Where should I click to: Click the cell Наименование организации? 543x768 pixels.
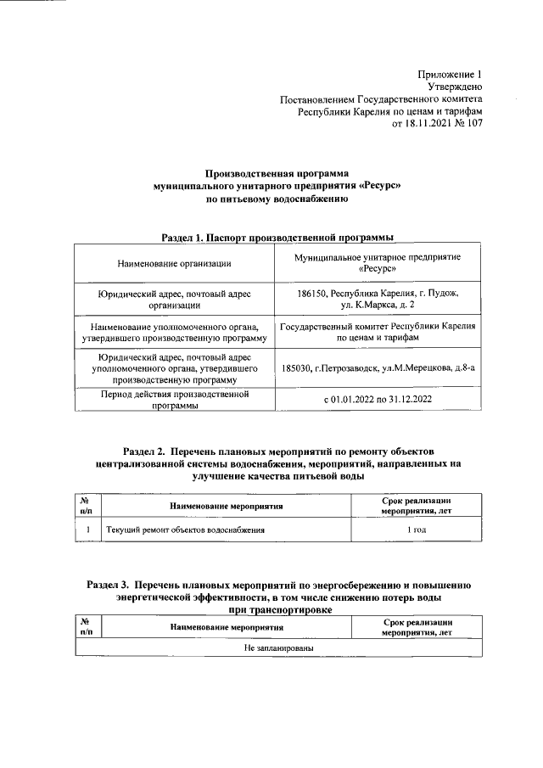click(174, 263)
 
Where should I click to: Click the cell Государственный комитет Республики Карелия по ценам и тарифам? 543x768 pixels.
click(378, 332)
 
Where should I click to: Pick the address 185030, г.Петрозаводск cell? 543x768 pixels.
click(378, 367)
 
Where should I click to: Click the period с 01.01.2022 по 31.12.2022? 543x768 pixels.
click(378, 400)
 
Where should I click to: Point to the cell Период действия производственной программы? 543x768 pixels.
click(174, 400)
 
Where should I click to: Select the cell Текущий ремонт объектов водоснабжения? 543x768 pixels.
click(184, 530)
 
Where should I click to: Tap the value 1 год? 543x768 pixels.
click(416, 530)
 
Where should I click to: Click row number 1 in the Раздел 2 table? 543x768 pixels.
click(87, 530)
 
